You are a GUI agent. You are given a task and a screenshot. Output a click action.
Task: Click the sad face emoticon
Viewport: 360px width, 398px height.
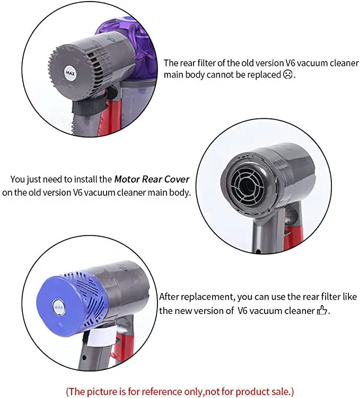(288, 75)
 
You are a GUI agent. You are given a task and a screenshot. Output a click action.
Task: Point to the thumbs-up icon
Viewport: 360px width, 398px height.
(322, 310)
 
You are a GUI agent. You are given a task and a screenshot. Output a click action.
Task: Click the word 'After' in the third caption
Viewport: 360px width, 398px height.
(170, 297)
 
